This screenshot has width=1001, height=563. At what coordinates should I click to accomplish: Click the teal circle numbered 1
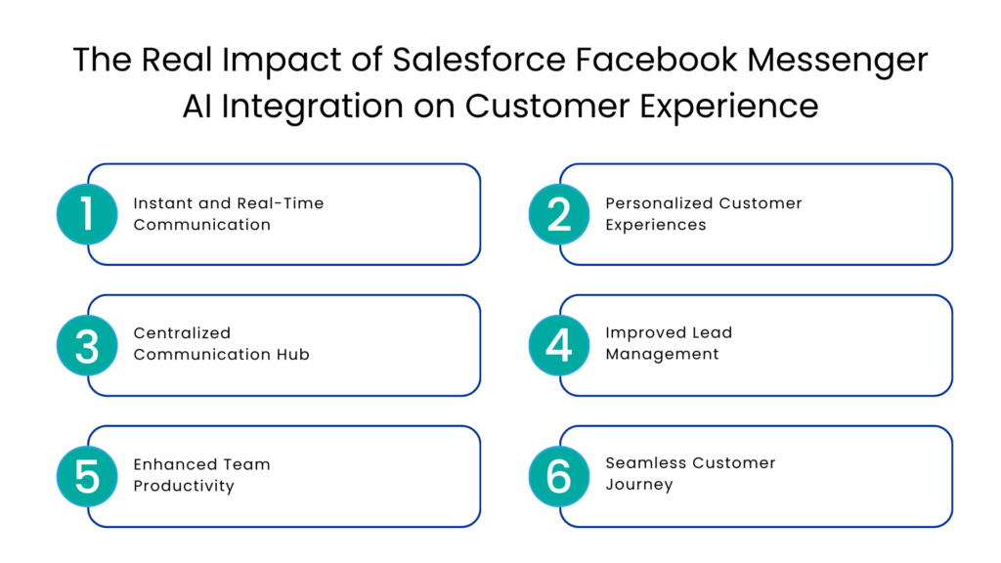[87, 214]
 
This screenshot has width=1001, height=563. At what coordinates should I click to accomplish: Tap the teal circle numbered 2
[559, 214]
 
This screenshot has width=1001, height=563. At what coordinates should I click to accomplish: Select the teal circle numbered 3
[87, 345]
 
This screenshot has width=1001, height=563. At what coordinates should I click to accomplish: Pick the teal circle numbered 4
[559, 345]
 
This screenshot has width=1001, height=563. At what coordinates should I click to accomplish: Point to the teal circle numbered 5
[87, 476]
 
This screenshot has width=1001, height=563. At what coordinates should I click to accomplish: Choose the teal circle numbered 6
[559, 476]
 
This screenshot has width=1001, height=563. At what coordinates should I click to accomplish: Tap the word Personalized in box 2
[658, 203]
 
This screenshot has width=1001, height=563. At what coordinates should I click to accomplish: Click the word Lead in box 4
[711, 332]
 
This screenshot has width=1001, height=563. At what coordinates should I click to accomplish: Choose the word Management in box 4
[662, 354]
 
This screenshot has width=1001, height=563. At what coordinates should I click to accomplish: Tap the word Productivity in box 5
[184, 486]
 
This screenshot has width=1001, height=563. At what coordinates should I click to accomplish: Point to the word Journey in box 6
[638, 484]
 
